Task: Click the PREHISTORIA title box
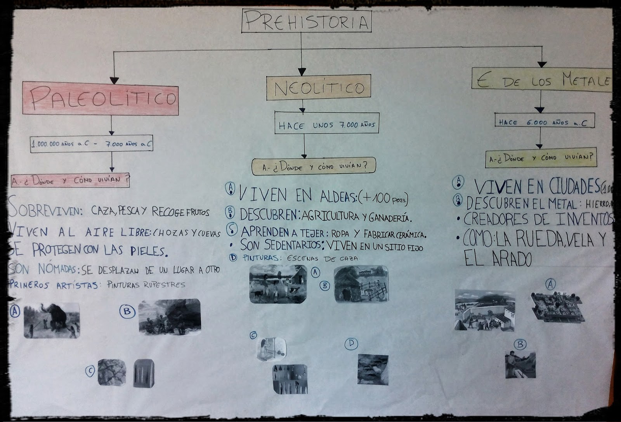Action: [x=306, y=21]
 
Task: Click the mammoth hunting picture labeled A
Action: [x=52, y=320]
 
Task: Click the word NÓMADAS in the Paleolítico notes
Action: [x=52, y=269]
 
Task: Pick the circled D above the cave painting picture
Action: [x=351, y=344]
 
